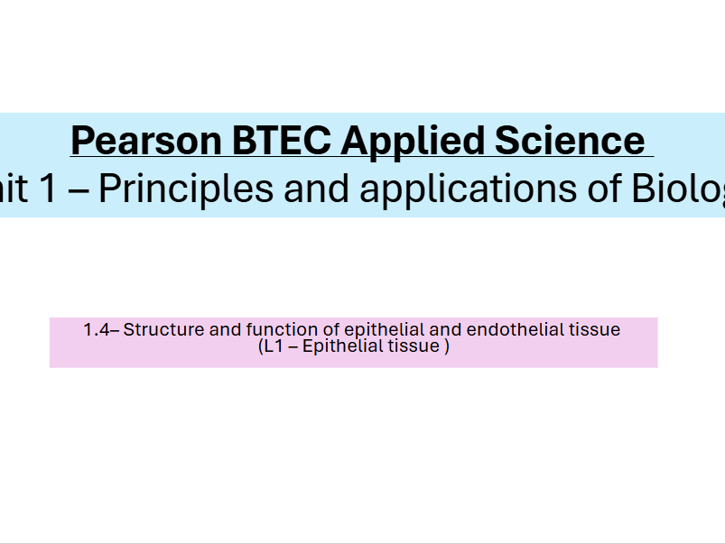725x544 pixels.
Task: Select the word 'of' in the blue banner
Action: coord(595,189)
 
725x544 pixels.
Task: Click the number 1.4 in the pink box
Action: coord(96,330)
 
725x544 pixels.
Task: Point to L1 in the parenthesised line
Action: coord(272,346)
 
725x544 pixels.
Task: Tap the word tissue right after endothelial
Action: coord(594,330)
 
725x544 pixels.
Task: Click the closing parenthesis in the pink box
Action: coord(446,346)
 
